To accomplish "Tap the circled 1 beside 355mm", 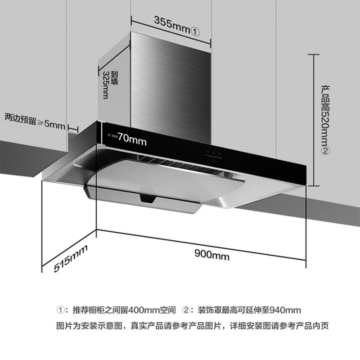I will [x=195, y=31].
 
